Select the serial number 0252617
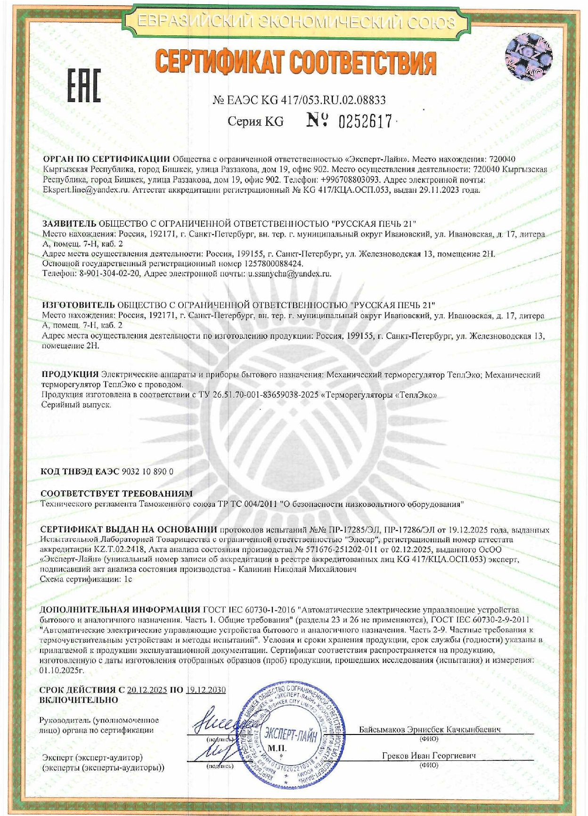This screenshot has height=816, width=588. coord(365,122)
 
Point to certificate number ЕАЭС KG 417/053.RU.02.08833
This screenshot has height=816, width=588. coord(306,100)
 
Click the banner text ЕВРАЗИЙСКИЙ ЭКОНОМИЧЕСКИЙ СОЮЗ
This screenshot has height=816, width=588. coord(296,22)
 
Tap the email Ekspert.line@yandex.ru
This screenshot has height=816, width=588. coord(86,190)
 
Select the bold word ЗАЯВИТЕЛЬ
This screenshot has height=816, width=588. coord(69,223)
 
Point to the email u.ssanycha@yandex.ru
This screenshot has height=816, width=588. coord(289,273)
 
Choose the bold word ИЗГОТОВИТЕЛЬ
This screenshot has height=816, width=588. coord(78,305)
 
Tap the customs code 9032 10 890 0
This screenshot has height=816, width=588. coord(147,472)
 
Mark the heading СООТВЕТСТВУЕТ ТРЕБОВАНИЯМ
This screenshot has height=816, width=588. coord(117,494)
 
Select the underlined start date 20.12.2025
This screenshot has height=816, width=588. coord(147,690)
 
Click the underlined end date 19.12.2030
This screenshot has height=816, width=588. coord(206,690)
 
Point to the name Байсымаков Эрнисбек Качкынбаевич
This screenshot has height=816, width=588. coord(430,729)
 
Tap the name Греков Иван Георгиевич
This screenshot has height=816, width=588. coord(429,756)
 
